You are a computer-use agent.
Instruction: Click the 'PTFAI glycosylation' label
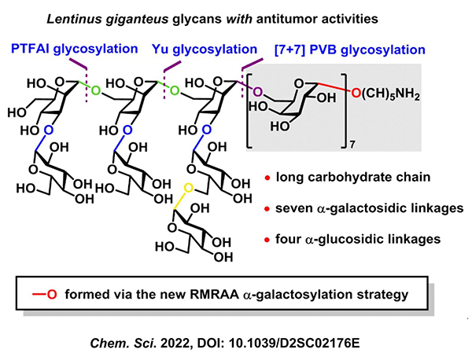(75, 50)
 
